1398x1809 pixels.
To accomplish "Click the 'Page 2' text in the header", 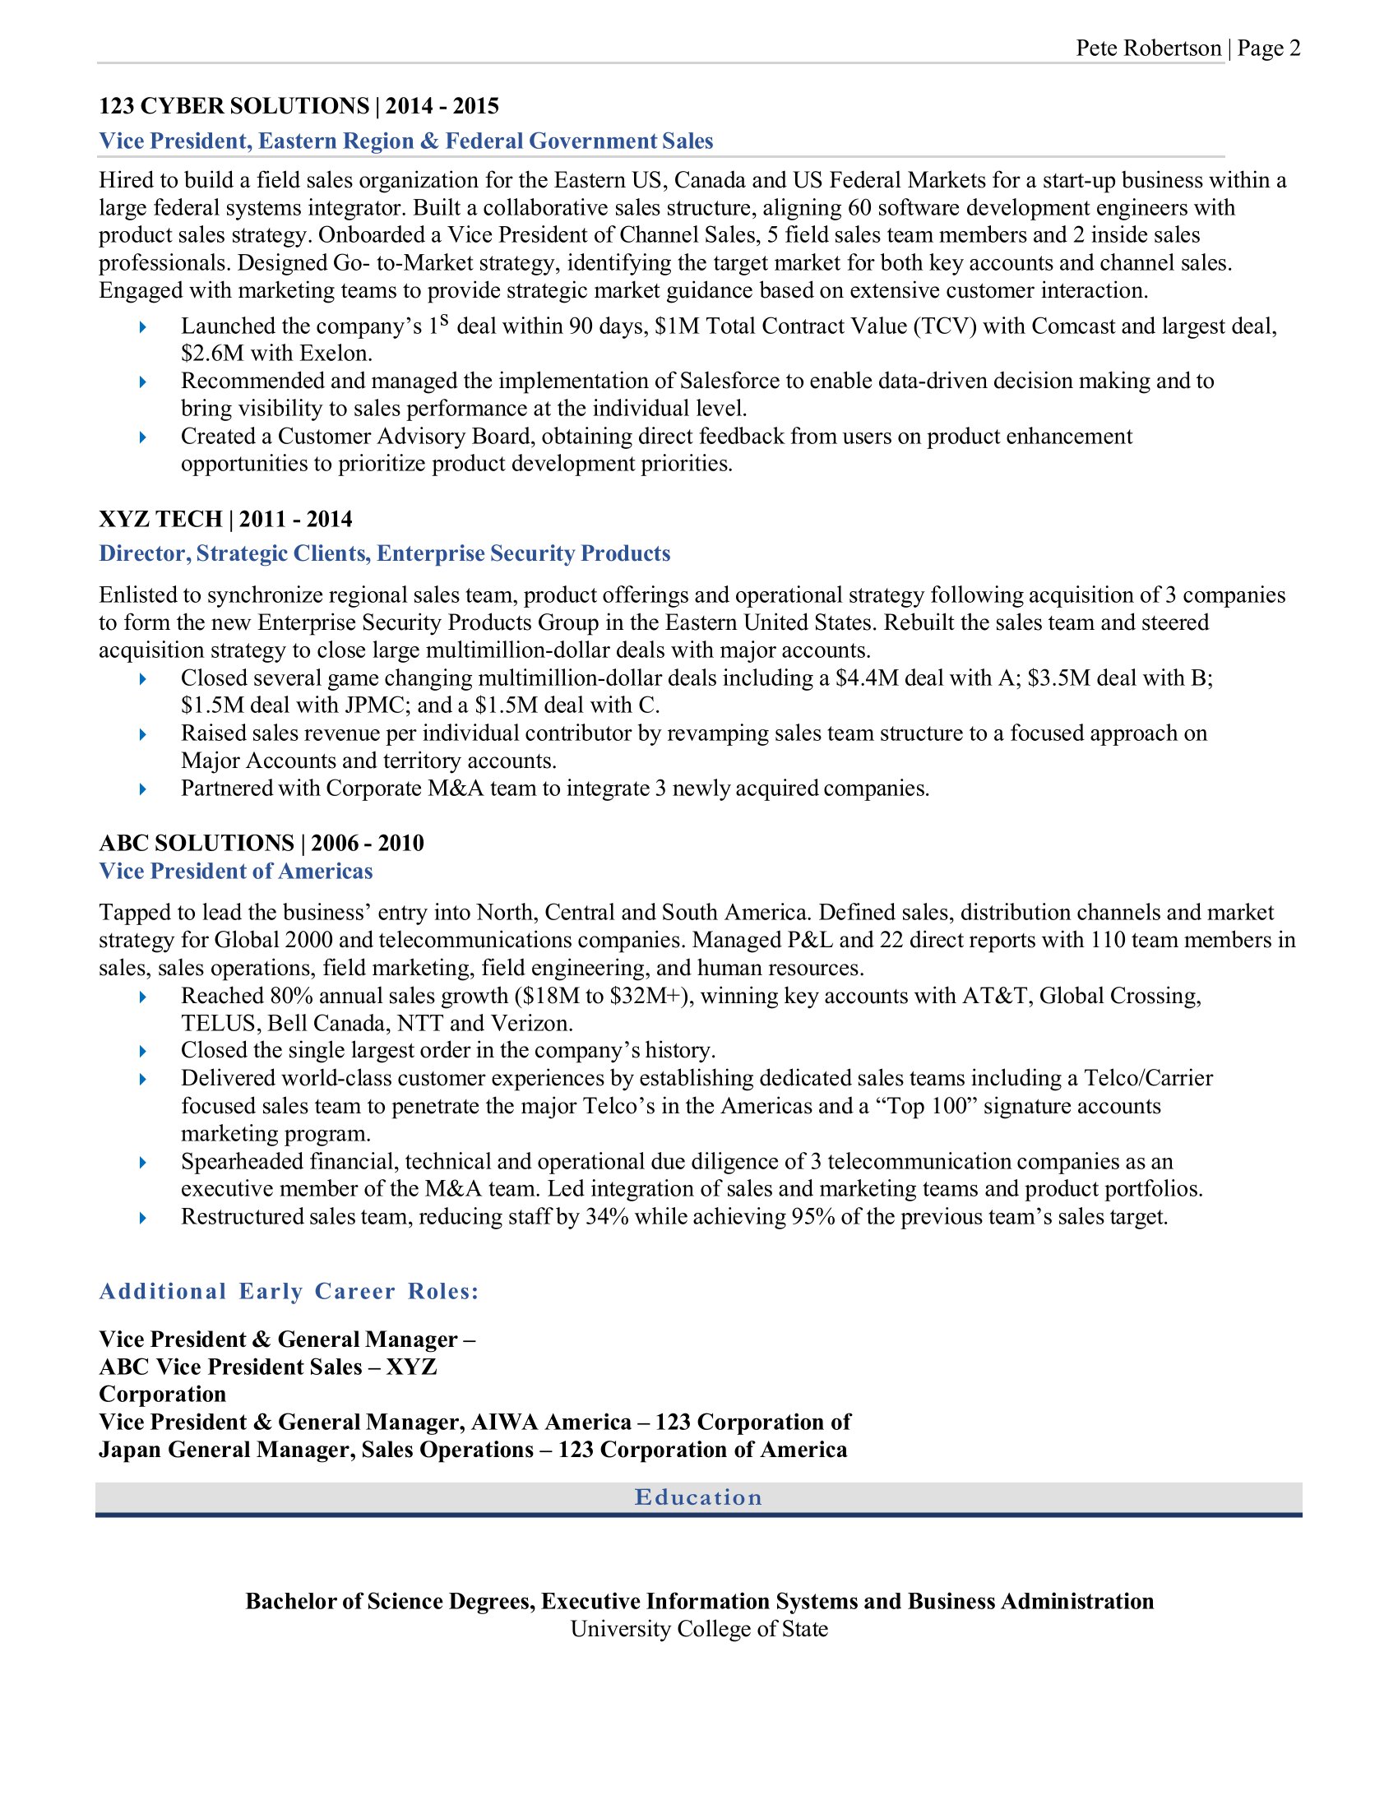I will click(1269, 49).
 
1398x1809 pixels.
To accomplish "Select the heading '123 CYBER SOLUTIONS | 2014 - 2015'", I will click(299, 106).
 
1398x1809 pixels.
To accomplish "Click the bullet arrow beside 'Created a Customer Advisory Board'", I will click(143, 437).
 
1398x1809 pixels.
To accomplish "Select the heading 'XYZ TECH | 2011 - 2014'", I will click(225, 520).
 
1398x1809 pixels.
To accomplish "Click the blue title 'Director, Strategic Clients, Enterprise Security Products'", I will click(384, 553).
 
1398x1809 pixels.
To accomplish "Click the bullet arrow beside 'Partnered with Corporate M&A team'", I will click(143, 789).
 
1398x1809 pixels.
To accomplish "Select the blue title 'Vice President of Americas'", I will click(236, 872).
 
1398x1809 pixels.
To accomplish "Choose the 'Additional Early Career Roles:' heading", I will click(289, 1292).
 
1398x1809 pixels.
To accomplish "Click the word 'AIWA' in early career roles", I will click(504, 1423).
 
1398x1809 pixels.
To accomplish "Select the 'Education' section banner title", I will click(698, 1497).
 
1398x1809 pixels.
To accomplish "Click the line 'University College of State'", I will click(699, 1629).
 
